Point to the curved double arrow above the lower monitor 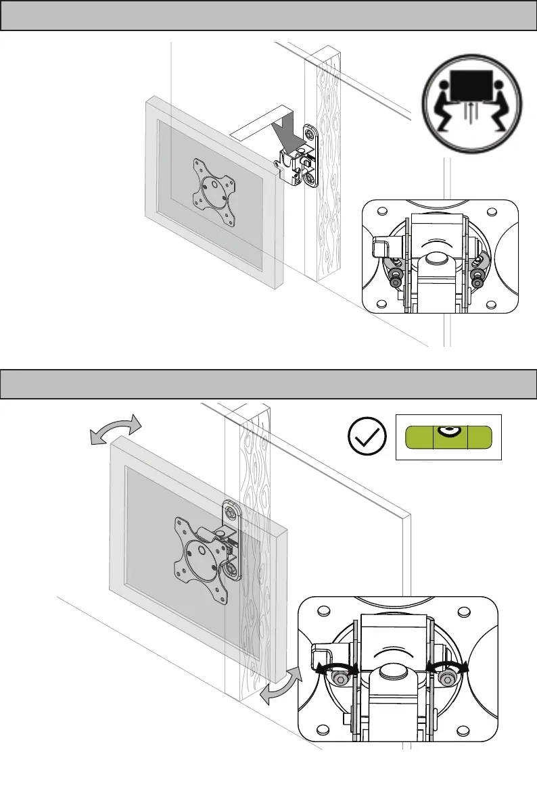click(x=116, y=429)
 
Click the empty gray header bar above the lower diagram click(x=268, y=384)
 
